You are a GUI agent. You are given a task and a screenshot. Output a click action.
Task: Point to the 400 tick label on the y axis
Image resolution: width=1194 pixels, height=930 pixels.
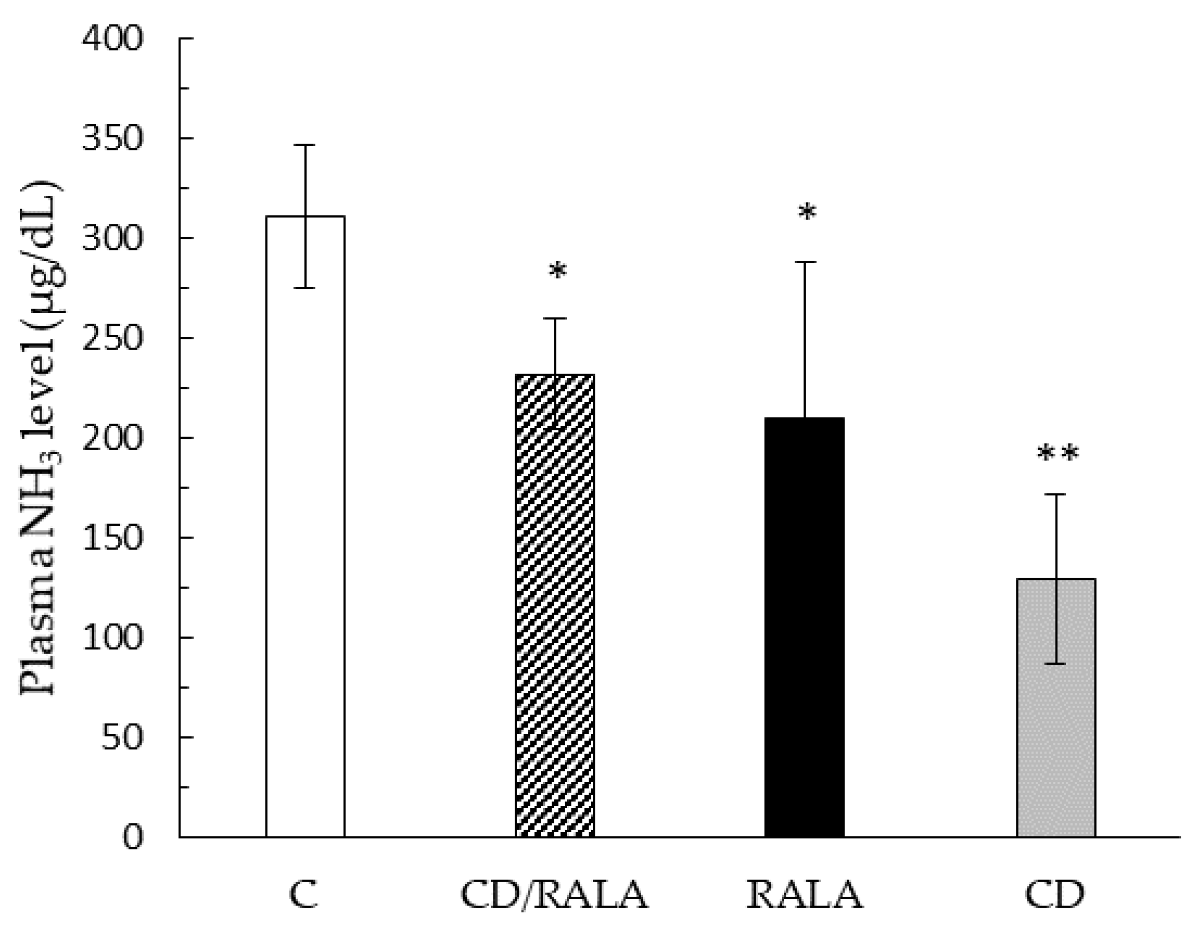[x=111, y=39]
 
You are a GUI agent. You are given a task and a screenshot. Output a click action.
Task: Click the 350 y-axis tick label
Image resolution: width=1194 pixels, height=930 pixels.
[x=111, y=139]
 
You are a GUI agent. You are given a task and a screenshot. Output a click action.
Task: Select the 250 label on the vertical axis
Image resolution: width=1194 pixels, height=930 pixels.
[x=111, y=338]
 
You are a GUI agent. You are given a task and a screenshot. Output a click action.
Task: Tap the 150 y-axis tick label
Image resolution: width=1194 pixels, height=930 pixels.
[x=111, y=538]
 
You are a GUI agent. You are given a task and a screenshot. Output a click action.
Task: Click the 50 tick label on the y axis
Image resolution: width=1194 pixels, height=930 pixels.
[x=121, y=737]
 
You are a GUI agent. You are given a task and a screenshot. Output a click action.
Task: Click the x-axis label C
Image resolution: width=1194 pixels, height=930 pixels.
[x=303, y=896]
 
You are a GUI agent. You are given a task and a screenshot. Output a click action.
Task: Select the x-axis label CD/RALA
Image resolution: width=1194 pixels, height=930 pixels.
[x=554, y=896]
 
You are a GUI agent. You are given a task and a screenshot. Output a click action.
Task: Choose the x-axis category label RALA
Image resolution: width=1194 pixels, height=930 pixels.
[x=804, y=896]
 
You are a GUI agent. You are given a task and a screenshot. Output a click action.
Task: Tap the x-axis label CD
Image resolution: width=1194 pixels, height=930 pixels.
[x=1054, y=896]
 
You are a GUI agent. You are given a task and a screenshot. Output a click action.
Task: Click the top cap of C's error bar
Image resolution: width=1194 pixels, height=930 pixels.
[x=305, y=145]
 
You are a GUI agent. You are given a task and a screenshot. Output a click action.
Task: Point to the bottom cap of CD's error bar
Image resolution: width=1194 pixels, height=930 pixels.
[x=1056, y=664]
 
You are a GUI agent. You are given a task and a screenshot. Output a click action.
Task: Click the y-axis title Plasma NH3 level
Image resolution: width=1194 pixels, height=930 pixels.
[x=41, y=437]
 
